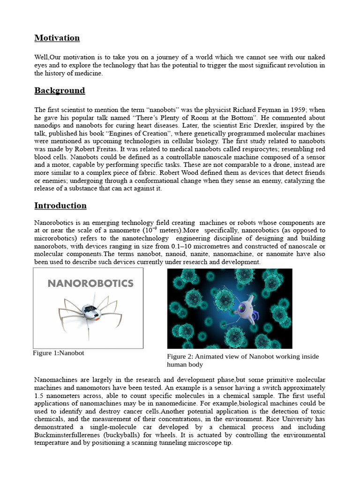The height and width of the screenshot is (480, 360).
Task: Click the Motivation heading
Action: pyautogui.click(x=57, y=38)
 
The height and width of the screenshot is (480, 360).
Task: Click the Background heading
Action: pyautogui.click(x=60, y=90)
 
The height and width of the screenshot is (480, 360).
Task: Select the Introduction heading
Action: pyautogui.click(x=60, y=206)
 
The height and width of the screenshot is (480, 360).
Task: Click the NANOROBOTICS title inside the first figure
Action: pyautogui.click(x=90, y=284)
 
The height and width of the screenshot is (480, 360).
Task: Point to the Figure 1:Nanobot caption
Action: pyautogui.click(x=59, y=353)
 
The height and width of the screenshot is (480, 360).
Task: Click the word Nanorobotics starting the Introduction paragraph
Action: pyautogui.click(x=53, y=223)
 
